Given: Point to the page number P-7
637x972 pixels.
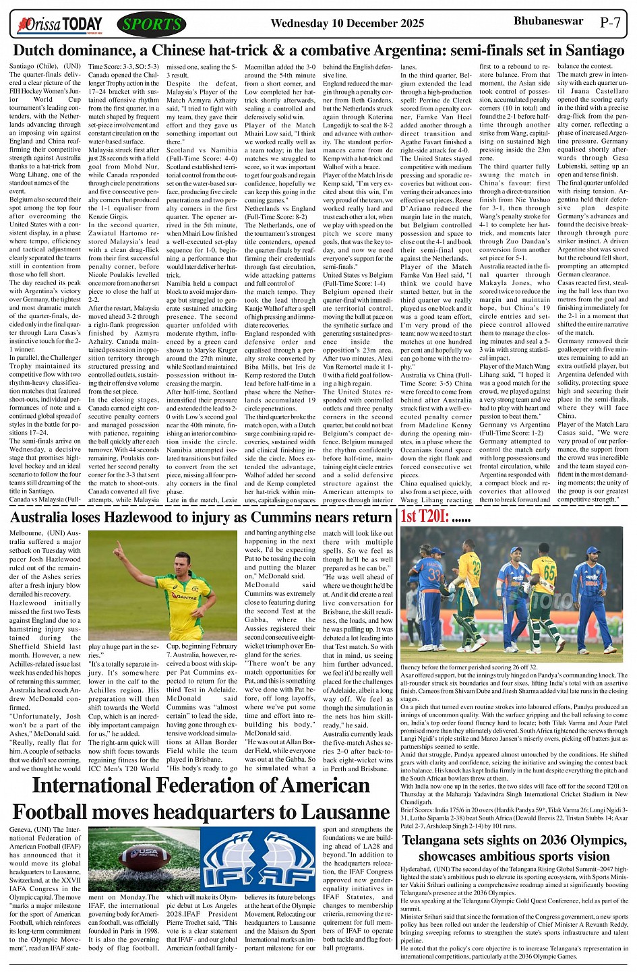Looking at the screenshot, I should pyautogui.click(x=610, y=22).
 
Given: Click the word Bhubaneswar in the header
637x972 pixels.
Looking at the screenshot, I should pyautogui.click(x=549, y=21).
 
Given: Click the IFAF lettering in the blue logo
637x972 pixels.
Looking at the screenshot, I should pyautogui.click(x=258, y=875).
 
